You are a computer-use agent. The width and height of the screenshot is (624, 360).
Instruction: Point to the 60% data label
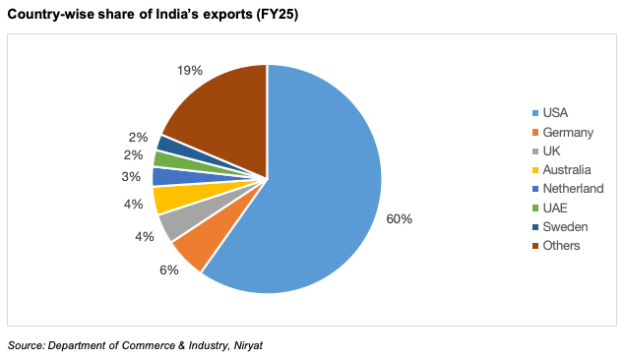(399, 218)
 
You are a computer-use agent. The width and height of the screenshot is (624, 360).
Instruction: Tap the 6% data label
(169, 270)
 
